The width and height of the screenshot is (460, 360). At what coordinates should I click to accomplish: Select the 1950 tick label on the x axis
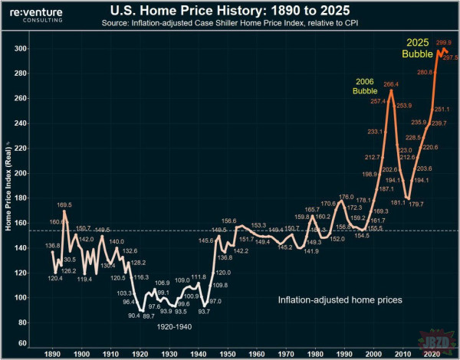click(x=228, y=355)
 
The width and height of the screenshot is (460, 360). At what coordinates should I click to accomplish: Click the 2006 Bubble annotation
click(x=365, y=87)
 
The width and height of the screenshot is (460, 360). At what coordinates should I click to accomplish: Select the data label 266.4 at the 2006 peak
click(x=391, y=85)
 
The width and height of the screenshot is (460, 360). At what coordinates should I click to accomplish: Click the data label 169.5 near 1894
click(x=64, y=205)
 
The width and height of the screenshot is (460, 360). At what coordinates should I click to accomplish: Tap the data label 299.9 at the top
click(x=444, y=44)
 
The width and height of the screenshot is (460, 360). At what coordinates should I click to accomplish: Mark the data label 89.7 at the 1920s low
click(x=149, y=316)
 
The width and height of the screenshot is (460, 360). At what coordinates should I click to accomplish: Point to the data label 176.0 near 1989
click(x=346, y=198)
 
